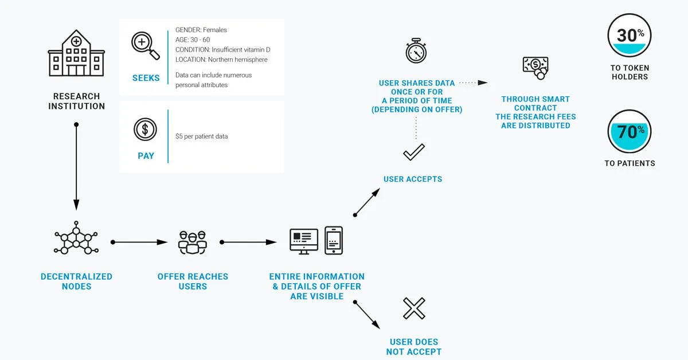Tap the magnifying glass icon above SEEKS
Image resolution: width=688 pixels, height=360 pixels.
tap(145, 45)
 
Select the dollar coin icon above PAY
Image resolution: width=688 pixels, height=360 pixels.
tap(145, 130)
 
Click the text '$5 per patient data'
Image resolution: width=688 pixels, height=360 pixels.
tap(201, 136)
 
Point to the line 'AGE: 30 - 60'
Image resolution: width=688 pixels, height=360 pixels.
tap(193, 40)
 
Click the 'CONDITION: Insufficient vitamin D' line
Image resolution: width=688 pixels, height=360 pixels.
tap(222, 49)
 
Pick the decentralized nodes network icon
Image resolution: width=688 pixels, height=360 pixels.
tap(76, 238)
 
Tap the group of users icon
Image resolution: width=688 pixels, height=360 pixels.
tap(193, 242)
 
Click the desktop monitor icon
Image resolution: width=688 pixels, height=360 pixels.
tap(304, 241)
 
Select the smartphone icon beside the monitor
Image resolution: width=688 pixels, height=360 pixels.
tap(334, 241)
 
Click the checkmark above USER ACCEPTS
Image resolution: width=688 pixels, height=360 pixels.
tap(414, 152)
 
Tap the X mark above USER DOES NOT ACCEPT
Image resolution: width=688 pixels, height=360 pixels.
tap(414, 308)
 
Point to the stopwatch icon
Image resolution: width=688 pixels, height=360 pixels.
tap(416, 50)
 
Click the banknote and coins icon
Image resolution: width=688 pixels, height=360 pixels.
tap(535, 68)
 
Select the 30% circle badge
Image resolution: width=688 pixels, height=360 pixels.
tap(630, 36)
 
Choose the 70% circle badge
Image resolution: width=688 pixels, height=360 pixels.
tap(630, 131)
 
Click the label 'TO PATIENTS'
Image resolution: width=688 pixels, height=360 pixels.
tap(630, 163)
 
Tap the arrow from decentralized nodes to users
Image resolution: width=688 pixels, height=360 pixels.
tap(139, 242)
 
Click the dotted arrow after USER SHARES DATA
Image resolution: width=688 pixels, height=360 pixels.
tap(474, 83)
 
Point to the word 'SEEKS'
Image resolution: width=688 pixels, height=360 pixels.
tap(146, 78)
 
